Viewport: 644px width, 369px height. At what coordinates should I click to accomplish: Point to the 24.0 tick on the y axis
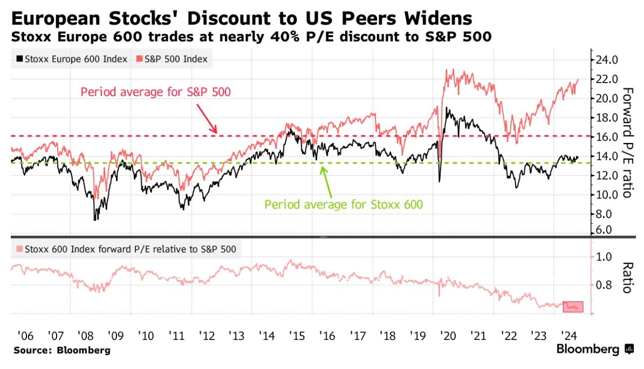(606, 59)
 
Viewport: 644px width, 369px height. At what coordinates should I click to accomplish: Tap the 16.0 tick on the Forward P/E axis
(606, 136)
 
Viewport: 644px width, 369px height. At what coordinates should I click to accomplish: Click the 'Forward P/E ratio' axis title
(627, 142)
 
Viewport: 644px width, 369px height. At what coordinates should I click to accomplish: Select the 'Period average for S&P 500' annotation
(155, 92)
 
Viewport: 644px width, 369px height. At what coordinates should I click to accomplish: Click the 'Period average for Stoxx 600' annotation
(344, 204)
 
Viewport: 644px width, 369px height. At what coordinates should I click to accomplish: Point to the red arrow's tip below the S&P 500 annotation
(217, 133)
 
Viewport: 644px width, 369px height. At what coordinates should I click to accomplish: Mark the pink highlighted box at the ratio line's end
(573, 306)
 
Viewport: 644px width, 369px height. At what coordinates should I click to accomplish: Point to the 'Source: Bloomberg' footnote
(62, 351)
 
